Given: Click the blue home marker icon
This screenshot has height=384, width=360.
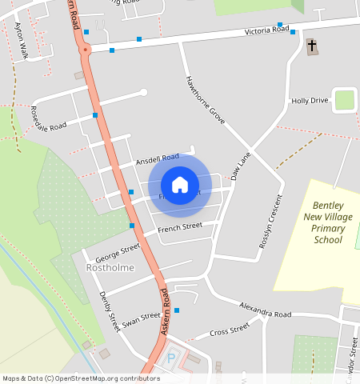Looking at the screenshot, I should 180,186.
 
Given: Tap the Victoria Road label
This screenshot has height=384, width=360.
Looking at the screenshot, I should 267,30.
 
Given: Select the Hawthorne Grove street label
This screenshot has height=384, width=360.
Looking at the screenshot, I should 206,99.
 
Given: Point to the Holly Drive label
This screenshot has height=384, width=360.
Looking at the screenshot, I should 310,101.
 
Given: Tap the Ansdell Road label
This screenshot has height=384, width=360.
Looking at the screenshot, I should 158,158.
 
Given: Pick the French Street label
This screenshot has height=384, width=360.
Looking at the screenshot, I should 180,229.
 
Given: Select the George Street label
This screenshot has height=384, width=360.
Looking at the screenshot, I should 117,253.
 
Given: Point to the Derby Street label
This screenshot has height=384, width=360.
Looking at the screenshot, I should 109,312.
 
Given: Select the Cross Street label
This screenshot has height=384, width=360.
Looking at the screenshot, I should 229,331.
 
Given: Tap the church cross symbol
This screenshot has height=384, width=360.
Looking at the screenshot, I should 311,47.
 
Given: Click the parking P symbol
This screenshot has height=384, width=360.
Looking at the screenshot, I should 170,359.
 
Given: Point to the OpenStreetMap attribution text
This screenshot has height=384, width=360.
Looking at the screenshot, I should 81,378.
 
